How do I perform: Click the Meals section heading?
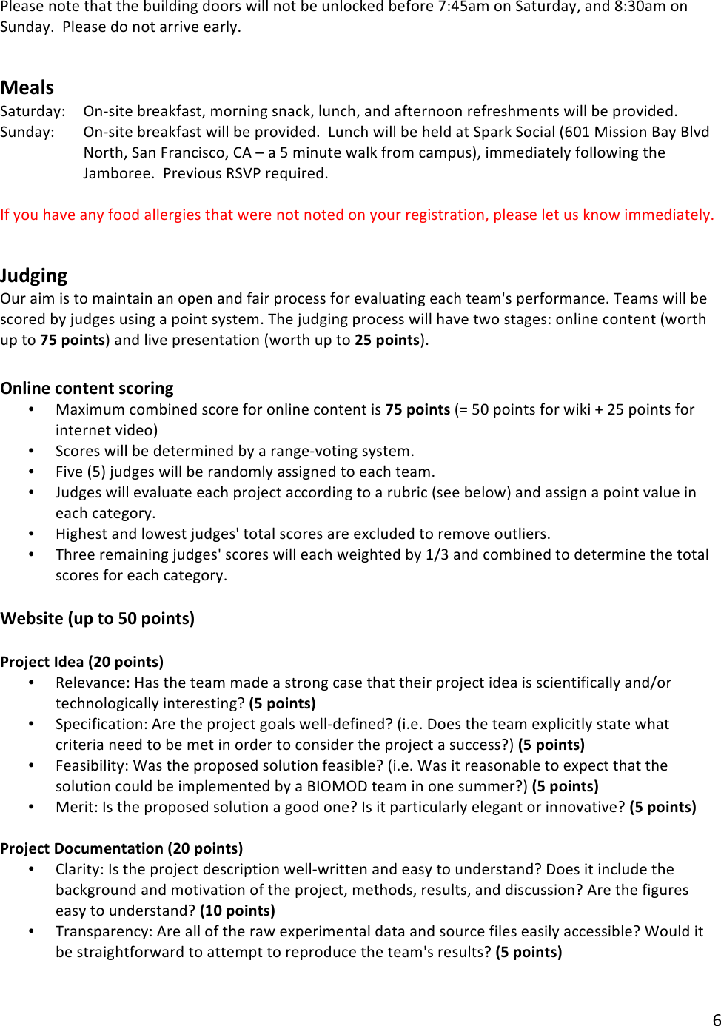[x=27, y=88]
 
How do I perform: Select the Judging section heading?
[x=34, y=276]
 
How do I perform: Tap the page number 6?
[x=716, y=1019]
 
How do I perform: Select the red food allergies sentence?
[x=357, y=215]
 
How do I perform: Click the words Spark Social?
[x=514, y=132]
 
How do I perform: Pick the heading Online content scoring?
[x=87, y=389]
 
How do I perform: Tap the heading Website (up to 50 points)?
[x=97, y=619]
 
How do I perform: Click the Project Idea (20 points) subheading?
[x=81, y=662]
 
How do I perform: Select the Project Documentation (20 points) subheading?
[x=121, y=848]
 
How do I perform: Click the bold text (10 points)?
[x=237, y=911]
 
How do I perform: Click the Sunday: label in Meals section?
[x=27, y=132]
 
